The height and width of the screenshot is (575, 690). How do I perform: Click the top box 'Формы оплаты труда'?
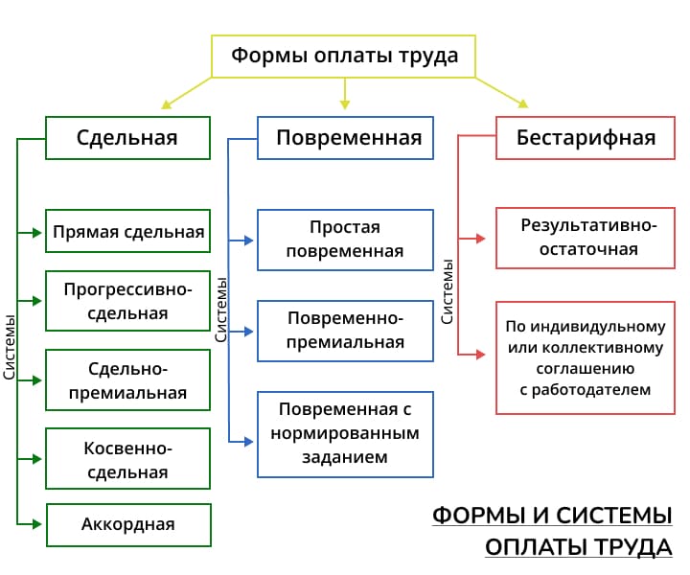[x=343, y=57]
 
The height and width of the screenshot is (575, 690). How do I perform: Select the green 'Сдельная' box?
[x=127, y=138]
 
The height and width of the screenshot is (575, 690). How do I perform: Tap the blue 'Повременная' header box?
[x=345, y=138]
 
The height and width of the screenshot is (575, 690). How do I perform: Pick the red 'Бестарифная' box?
[x=586, y=138]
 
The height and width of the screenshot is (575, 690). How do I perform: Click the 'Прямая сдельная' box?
[x=127, y=231]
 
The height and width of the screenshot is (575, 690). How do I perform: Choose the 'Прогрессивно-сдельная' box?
[x=127, y=301]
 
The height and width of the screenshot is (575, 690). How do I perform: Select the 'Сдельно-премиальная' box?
[x=127, y=380]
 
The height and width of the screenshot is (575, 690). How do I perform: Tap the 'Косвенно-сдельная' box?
[x=127, y=458]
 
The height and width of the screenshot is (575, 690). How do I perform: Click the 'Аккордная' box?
[x=128, y=525]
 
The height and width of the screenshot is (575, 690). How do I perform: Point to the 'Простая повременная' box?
[x=345, y=240]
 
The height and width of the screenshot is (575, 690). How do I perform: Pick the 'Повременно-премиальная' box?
[x=345, y=331]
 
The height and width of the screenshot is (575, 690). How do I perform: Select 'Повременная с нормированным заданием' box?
[x=345, y=434]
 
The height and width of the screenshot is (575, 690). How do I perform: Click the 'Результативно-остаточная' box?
[x=586, y=238]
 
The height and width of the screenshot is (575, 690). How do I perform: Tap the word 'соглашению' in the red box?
[x=586, y=368]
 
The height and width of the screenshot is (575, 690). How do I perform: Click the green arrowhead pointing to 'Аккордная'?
[x=37, y=524]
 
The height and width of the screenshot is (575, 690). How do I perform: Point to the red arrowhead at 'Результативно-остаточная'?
[x=481, y=239]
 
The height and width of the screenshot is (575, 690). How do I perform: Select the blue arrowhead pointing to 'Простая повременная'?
[x=249, y=241]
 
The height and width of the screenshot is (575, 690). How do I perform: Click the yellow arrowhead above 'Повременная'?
[x=345, y=104]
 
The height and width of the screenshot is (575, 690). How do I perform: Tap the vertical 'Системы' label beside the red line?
[x=447, y=291]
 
